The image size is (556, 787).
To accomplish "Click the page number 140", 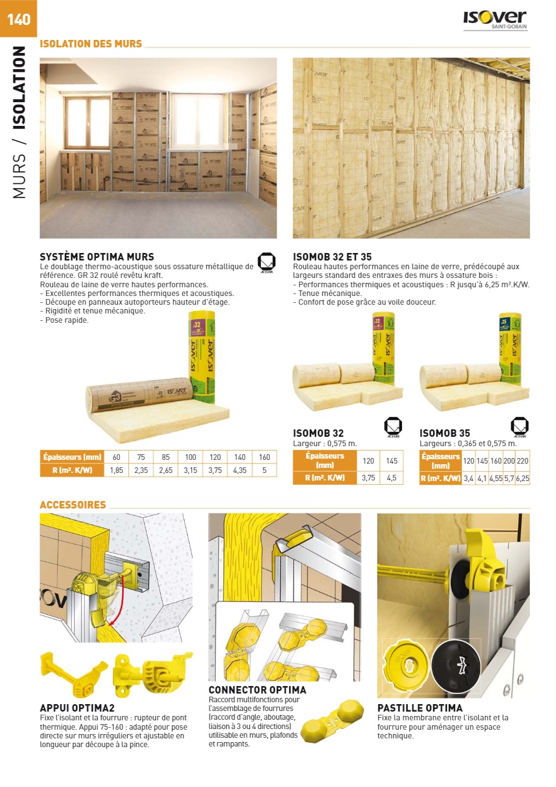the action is point(19,19).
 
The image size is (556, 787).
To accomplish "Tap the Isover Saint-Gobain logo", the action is point(495,21).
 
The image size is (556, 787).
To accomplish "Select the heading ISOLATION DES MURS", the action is point(90,44).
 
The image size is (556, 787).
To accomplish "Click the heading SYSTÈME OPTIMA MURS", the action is point(97,257).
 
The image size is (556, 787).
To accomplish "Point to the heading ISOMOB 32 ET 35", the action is point(332,257).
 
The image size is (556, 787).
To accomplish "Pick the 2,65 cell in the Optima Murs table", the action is point(166,470).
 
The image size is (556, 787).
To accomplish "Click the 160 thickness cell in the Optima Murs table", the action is point(264,457).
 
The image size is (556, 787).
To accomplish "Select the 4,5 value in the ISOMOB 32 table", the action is point(391,478).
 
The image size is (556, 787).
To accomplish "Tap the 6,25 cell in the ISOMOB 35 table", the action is point(522,478).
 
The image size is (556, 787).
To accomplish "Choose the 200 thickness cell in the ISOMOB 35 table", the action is point(509,461).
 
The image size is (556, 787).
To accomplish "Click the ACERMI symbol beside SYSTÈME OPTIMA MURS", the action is point(266,263).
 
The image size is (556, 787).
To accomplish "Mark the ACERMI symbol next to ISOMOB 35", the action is point(519,427).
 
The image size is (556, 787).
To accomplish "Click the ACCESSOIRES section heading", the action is point(73,505).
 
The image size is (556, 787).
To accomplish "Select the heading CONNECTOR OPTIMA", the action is point(257,690).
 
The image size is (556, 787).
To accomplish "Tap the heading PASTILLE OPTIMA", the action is point(419,708).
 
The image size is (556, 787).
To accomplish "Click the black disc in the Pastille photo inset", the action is point(456,666).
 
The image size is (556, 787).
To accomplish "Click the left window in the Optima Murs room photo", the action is point(87,122).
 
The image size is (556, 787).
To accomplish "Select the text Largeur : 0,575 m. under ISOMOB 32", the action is point(325,444).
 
